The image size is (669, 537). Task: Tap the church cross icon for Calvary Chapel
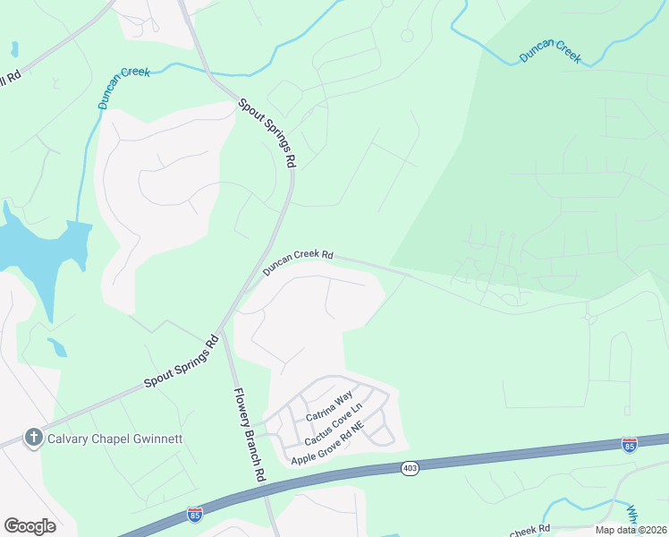[34, 438]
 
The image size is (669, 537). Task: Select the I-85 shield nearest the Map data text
[630, 445]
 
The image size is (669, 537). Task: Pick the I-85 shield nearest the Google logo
[195, 514]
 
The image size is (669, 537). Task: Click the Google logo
[30, 525]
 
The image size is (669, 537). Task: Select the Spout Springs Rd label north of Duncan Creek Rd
[267, 132]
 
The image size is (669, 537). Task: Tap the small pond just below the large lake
[56, 345]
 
